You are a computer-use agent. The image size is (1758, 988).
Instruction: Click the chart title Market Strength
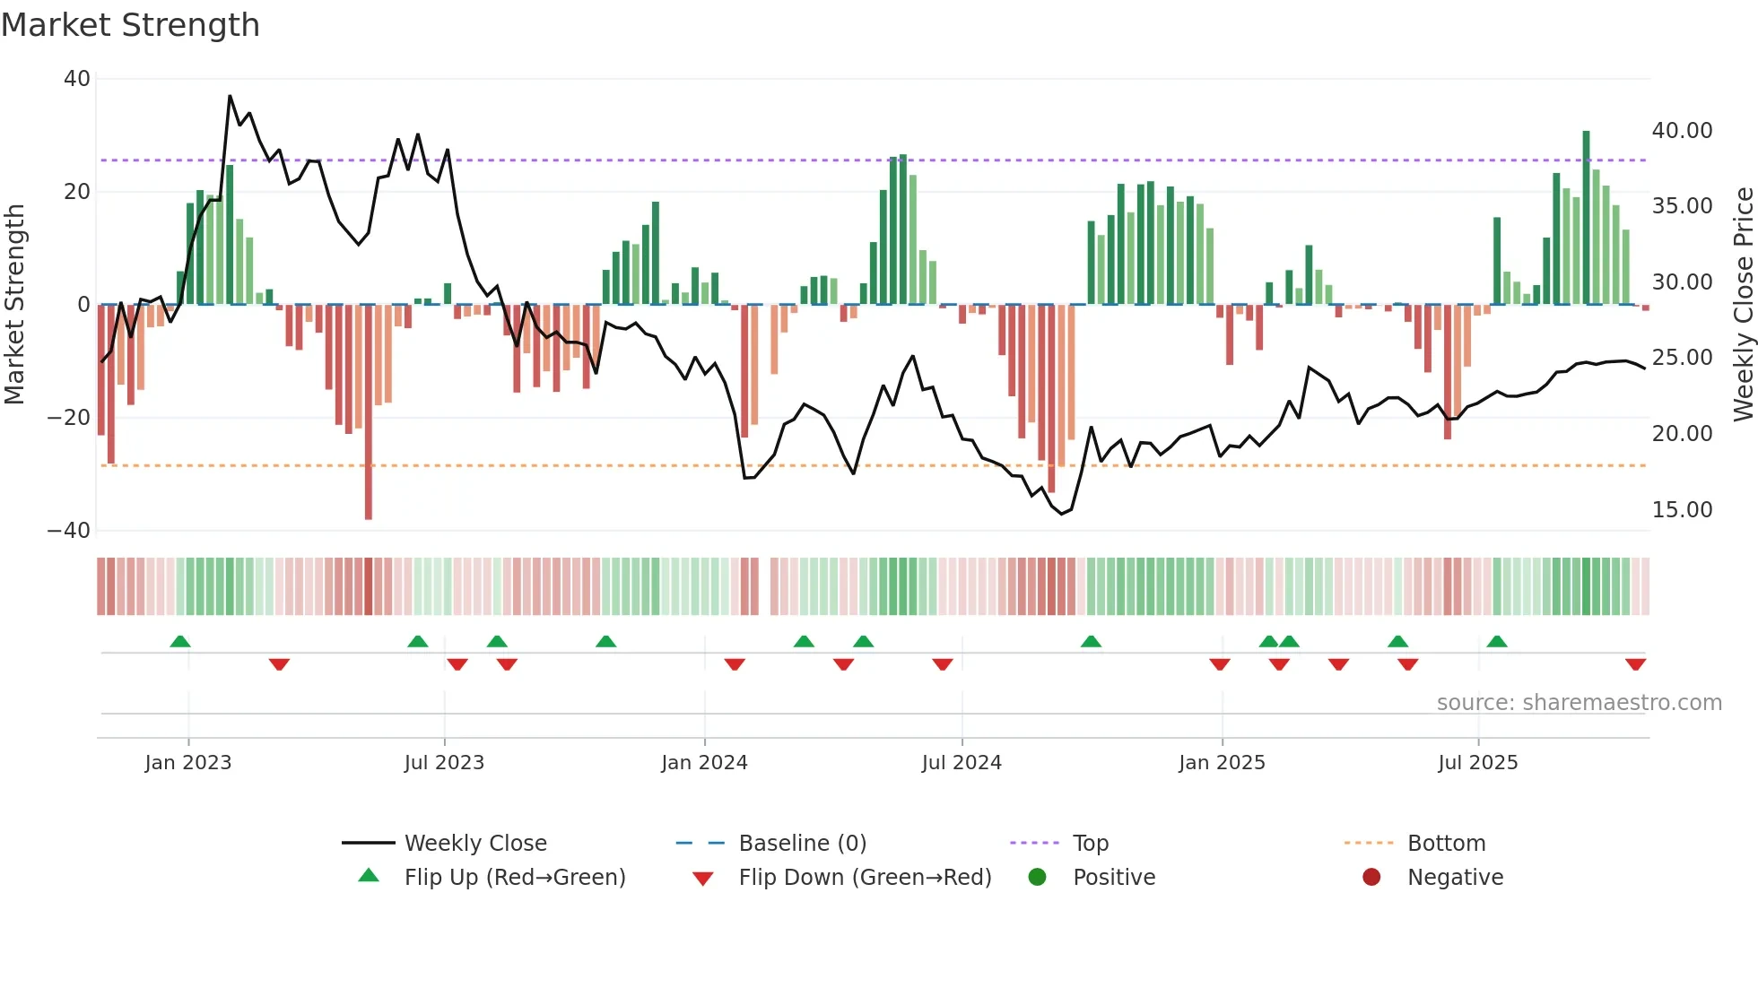coord(130,25)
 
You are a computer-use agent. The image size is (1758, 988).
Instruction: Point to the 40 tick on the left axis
coord(77,79)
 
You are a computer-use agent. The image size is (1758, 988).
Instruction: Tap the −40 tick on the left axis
coord(69,531)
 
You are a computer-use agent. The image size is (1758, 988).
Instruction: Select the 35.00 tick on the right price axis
coord(1682,206)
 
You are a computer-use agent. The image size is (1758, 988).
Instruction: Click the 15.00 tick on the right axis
coord(1682,510)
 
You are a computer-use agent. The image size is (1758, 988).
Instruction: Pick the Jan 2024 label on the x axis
coord(704,763)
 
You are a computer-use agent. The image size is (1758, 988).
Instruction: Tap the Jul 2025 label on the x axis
coord(1477,763)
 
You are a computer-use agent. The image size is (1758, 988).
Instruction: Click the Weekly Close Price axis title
coord(1743,305)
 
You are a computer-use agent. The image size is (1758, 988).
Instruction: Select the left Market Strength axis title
coord(15,305)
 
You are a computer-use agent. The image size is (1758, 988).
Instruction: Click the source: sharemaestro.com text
coord(1579,703)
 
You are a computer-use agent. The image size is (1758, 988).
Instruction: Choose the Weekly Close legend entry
coord(474,844)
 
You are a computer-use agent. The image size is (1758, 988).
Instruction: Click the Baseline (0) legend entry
coord(802,844)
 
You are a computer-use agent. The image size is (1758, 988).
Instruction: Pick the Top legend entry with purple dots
coord(1090,844)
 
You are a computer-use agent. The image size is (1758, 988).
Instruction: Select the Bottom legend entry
coord(1446,844)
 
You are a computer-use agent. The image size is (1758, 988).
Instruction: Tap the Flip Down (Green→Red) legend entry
coord(864,878)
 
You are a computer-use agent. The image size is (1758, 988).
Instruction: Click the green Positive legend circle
coord(1038,878)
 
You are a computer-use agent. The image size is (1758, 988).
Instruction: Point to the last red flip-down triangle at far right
coord(1635,664)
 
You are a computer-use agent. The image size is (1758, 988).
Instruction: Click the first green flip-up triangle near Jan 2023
coord(180,641)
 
